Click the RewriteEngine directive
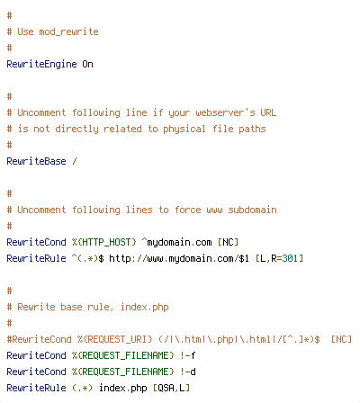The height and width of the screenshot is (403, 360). (41, 64)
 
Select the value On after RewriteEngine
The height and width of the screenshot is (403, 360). (87, 64)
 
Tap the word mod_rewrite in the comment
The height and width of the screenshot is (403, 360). (68, 31)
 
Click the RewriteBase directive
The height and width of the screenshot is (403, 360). (36, 161)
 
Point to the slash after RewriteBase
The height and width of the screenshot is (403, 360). (75, 161)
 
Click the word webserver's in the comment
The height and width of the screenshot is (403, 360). (225, 112)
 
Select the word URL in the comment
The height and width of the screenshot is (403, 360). (268, 112)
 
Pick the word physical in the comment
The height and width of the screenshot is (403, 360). (184, 130)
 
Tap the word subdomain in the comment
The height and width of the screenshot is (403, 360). (252, 210)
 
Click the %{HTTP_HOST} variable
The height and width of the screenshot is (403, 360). (104, 242)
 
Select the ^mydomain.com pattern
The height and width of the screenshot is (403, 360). (176, 242)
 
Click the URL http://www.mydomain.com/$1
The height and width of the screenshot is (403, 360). (179, 258)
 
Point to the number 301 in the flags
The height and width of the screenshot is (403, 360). (290, 258)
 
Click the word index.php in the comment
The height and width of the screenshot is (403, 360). (145, 307)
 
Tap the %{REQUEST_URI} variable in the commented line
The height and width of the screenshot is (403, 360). (115, 339)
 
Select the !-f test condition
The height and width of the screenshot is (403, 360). (188, 355)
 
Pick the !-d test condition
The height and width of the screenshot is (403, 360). (188, 372)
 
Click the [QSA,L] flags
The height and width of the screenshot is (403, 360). (171, 388)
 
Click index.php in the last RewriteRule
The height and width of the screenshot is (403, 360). (123, 388)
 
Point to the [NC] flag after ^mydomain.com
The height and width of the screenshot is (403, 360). (228, 242)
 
